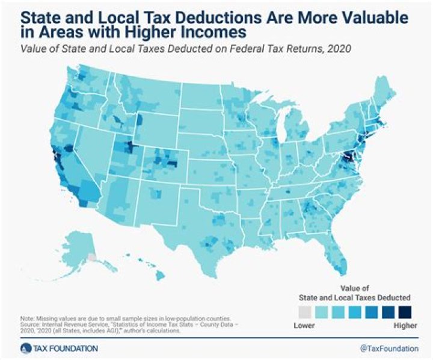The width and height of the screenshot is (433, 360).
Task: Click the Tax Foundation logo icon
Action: click(x=25, y=348)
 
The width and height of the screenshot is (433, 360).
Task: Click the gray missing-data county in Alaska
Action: click(x=91, y=256)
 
